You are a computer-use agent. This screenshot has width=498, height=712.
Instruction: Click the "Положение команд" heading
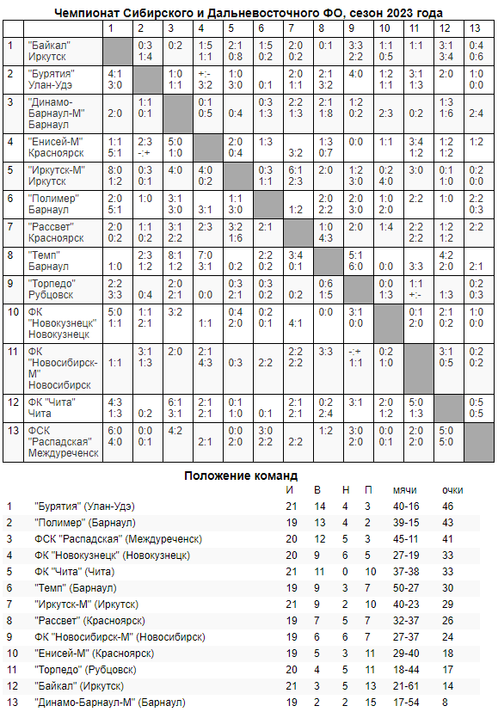click(x=242, y=475)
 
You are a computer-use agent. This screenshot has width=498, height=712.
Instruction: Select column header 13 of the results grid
click(x=475, y=28)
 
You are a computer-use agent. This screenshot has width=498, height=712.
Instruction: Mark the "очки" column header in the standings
click(x=452, y=489)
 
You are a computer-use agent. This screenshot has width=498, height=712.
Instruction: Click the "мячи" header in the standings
click(x=404, y=489)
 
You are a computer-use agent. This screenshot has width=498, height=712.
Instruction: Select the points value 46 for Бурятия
click(x=448, y=506)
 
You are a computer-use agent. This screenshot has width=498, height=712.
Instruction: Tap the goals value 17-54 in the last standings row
click(x=405, y=702)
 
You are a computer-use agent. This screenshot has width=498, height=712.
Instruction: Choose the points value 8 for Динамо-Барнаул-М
click(x=446, y=702)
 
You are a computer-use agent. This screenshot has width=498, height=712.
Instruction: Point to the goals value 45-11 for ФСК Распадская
click(x=405, y=538)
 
